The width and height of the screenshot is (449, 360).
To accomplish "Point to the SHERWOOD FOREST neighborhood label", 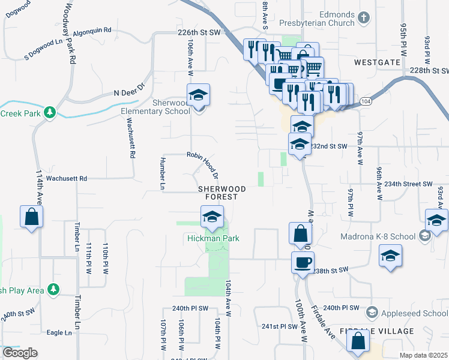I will (222, 193).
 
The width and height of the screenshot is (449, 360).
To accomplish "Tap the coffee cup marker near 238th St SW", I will (303, 262).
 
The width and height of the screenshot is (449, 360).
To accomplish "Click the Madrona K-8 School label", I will (378, 236).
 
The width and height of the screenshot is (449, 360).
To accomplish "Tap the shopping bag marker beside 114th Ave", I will (31, 217).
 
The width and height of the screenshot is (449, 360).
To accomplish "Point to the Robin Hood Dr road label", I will (202, 163).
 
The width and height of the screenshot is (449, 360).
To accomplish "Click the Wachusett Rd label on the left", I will (67, 178).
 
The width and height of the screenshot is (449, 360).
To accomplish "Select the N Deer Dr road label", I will (130, 90).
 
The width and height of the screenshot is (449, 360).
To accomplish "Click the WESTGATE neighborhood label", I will (377, 61).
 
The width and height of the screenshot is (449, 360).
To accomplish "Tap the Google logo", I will (20, 353).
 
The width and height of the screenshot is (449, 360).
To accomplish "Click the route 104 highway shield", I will (366, 103).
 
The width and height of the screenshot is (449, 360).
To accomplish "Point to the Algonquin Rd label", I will (92, 30).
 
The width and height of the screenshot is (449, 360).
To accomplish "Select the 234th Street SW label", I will (408, 184).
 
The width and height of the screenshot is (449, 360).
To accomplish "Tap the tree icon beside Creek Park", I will (50, 112).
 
